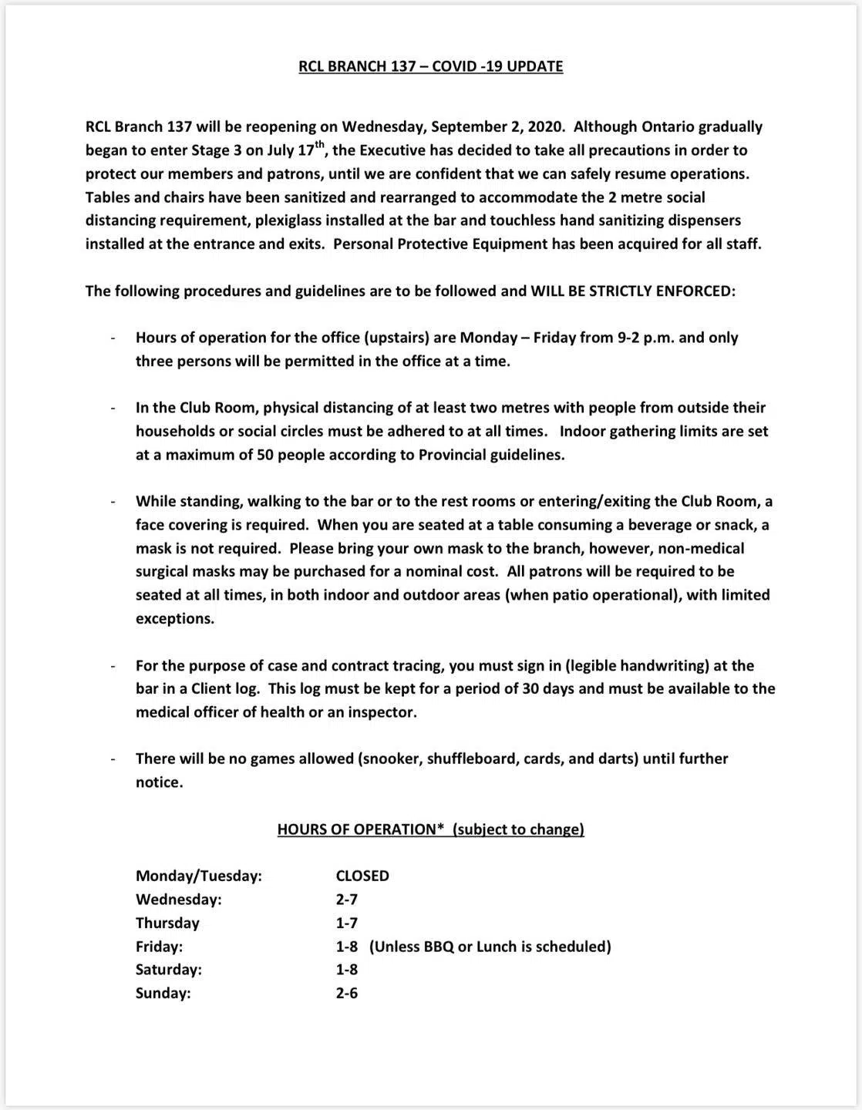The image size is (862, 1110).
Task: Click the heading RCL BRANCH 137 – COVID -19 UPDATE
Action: coord(430,66)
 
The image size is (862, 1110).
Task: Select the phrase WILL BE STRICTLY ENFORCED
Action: coord(632,291)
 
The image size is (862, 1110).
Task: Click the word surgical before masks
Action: coord(164,572)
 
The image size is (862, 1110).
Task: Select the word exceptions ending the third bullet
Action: coord(174,618)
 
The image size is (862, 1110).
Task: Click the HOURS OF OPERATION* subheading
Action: coord(361,829)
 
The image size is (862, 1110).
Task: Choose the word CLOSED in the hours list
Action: coord(362,876)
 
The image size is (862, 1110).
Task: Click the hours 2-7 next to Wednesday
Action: coord(347,900)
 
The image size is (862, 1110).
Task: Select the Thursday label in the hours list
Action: coord(167,923)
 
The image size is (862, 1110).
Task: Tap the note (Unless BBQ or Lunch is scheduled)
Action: coord(490,947)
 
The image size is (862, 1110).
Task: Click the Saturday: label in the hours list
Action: coord(168,970)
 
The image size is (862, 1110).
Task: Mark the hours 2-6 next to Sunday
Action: coord(347,993)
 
